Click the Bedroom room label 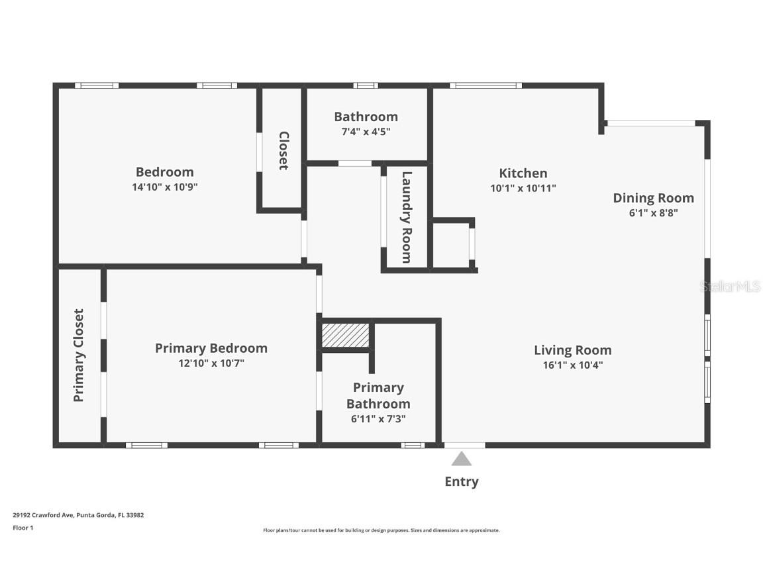pyautogui.click(x=164, y=172)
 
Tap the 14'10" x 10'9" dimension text pyautogui.click(x=164, y=187)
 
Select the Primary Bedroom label pyautogui.click(x=211, y=348)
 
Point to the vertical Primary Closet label pyautogui.click(x=79, y=356)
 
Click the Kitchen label pyautogui.click(x=523, y=173)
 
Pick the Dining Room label pyautogui.click(x=653, y=198)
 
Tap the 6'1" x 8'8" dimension pyautogui.click(x=653, y=213)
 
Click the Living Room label pyautogui.click(x=572, y=350)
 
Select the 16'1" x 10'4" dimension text pyautogui.click(x=572, y=365)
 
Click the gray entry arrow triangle pyautogui.click(x=462, y=459)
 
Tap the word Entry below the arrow pyautogui.click(x=462, y=482)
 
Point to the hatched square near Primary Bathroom pyautogui.click(x=345, y=335)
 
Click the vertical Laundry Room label pyautogui.click(x=407, y=217)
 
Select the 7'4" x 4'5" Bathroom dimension pyautogui.click(x=366, y=132)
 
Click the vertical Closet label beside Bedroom pyautogui.click(x=283, y=150)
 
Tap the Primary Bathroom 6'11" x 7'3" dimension pyautogui.click(x=378, y=418)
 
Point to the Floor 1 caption pyautogui.click(x=23, y=528)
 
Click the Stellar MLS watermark pyautogui.click(x=731, y=287)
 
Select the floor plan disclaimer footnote pyautogui.click(x=381, y=530)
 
